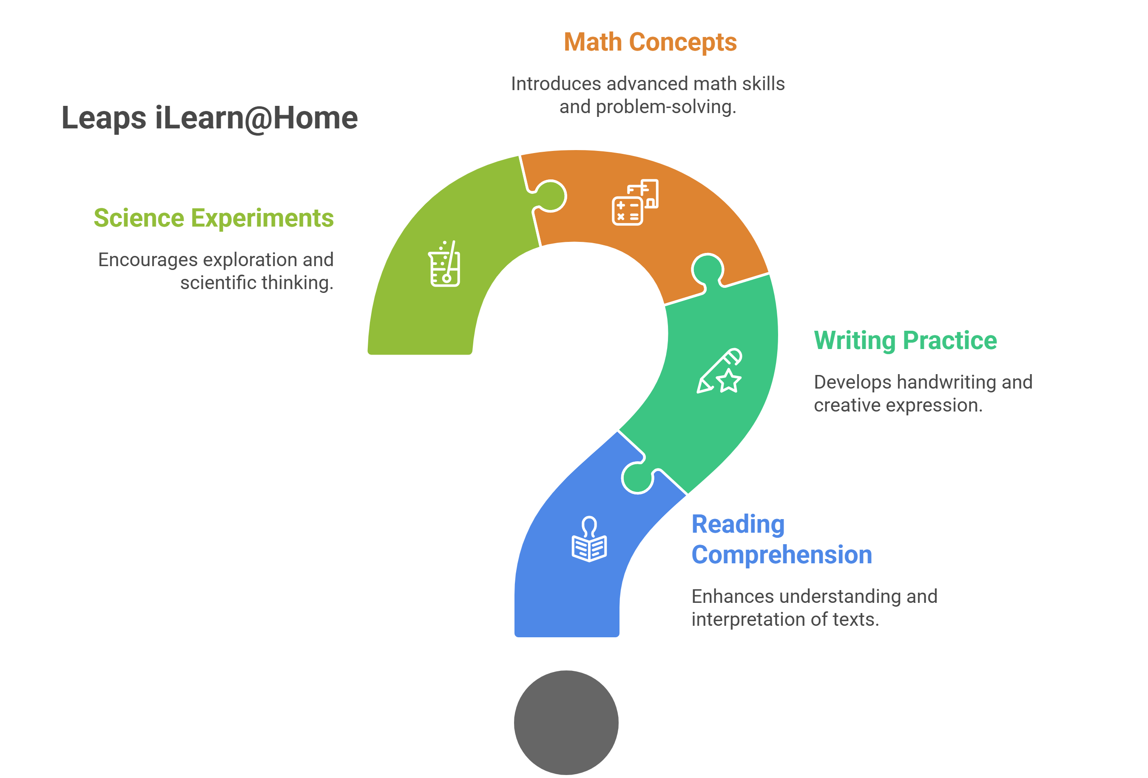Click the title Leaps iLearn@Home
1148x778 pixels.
tap(210, 119)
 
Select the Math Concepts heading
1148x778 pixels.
tap(650, 43)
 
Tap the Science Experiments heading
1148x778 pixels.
tap(214, 219)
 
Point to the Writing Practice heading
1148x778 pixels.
tap(905, 341)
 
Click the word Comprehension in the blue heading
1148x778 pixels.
tap(781, 555)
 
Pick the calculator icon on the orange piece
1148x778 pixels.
tap(635, 202)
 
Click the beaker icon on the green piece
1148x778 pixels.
tap(444, 264)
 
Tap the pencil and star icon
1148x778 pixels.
tap(719, 371)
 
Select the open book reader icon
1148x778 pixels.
tap(589, 539)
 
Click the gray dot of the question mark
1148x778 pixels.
tap(566, 722)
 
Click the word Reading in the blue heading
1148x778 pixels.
tap(738, 525)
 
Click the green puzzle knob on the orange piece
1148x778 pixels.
tap(707, 271)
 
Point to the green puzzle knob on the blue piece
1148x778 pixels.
tap(637, 477)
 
